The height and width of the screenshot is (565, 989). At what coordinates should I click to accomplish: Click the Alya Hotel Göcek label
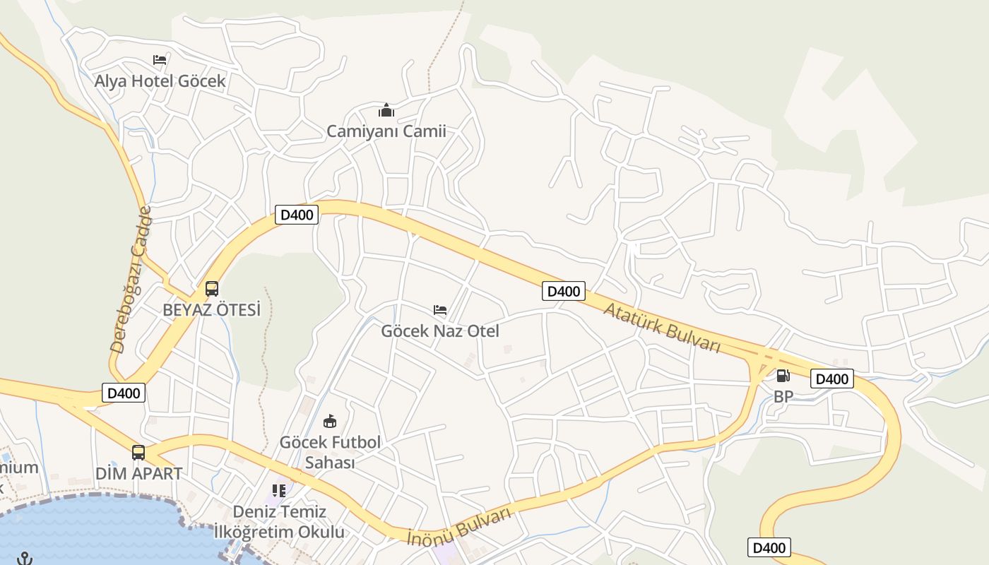coord(160,81)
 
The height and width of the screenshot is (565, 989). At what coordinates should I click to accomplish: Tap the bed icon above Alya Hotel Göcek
coord(160,60)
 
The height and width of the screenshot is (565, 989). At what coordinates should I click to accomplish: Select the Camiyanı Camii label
coord(386,131)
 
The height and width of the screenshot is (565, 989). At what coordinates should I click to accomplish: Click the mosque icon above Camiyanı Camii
coord(386,110)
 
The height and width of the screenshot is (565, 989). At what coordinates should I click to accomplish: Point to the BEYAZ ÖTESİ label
coord(211,310)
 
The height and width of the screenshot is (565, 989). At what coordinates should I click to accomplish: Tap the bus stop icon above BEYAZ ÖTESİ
coord(212,289)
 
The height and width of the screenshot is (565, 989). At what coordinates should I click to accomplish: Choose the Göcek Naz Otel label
coord(440,331)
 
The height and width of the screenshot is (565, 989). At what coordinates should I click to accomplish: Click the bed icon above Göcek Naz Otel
coord(440,310)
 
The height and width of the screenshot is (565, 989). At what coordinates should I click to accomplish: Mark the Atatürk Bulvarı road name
coord(661,327)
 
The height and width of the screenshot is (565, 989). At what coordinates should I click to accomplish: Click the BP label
coord(783,397)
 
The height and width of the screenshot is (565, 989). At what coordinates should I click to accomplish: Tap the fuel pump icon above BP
coord(783,376)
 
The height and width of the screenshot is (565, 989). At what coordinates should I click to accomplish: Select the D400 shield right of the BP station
coord(831,379)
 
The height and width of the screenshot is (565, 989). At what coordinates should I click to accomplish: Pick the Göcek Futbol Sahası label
coord(330,452)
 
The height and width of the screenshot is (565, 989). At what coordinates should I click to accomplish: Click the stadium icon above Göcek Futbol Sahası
coord(329,422)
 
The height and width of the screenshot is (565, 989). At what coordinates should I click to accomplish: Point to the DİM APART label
coord(138,473)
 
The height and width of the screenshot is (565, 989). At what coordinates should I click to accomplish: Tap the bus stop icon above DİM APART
coord(138,453)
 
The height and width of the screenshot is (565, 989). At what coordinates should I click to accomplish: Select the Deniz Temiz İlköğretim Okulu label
coord(279,521)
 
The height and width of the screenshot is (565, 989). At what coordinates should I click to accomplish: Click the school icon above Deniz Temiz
coord(279,490)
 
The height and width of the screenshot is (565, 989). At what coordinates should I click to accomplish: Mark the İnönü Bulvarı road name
coord(459,527)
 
